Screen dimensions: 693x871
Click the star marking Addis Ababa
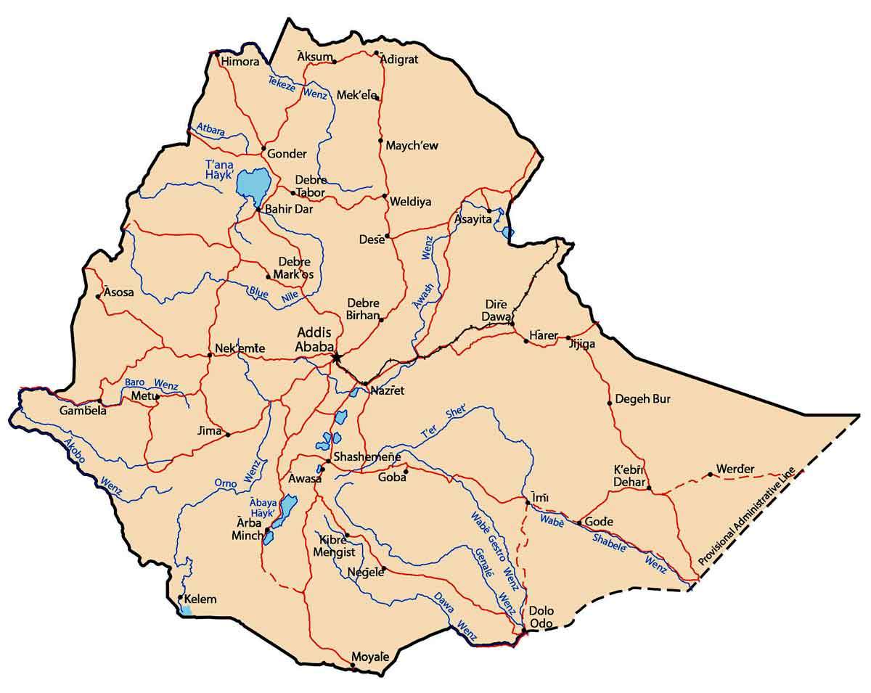click(x=336, y=357)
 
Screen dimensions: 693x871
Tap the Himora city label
click(x=240, y=62)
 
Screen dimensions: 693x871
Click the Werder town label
click(x=735, y=468)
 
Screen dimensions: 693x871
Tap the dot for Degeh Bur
click(x=610, y=403)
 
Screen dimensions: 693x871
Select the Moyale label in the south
click(x=370, y=657)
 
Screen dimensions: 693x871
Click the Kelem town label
click(x=201, y=600)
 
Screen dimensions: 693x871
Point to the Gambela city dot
click(x=99, y=401)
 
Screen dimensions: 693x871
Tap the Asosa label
click(x=118, y=292)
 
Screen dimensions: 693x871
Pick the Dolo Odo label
click(x=542, y=618)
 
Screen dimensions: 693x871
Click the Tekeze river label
click(x=282, y=83)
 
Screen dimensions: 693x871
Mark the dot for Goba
click(x=406, y=471)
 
